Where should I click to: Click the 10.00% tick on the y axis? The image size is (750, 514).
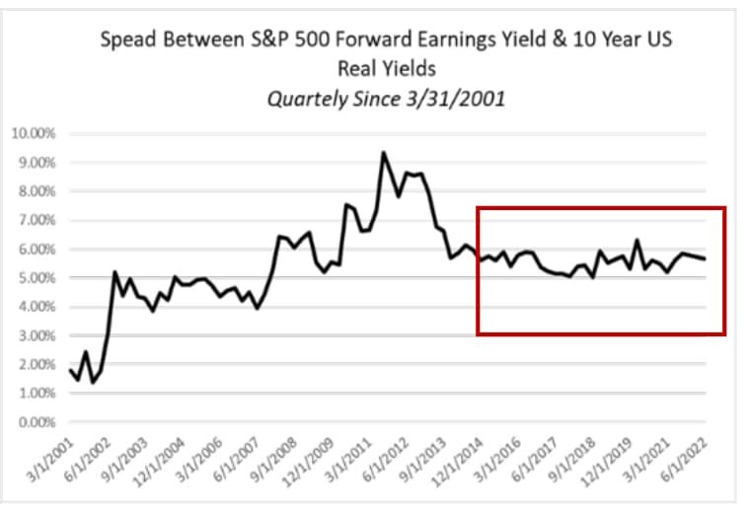click(34, 133)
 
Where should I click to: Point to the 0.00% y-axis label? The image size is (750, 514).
click(37, 422)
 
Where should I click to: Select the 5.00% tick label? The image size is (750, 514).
click(37, 278)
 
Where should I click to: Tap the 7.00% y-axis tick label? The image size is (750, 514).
click(37, 220)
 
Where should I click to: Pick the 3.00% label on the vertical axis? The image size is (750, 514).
click(37, 335)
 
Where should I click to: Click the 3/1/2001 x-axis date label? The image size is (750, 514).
click(51, 459)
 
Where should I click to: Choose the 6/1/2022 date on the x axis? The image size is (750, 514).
click(685, 459)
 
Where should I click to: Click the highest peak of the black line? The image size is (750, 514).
click(383, 153)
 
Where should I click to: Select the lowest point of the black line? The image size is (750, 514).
click(93, 383)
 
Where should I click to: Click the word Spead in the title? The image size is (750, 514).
click(127, 39)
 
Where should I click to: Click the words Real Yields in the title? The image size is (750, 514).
click(387, 68)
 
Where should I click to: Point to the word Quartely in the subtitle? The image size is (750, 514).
click(308, 100)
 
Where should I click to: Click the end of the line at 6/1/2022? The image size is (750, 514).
click(705, 259)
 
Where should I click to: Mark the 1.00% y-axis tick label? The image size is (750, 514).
click(37, 394)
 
